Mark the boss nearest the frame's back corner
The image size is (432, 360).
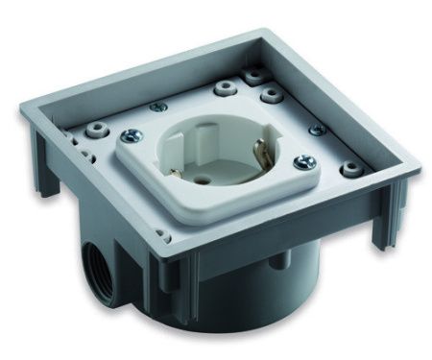(254, 73)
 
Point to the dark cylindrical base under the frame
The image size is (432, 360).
(240, 307)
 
